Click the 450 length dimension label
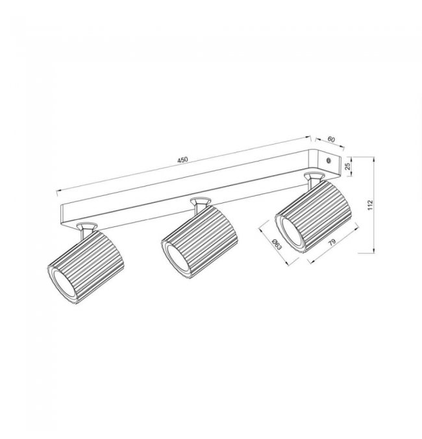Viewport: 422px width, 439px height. (182, 160)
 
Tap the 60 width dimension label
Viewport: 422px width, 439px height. (331, 139)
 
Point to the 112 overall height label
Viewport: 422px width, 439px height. (371, 205)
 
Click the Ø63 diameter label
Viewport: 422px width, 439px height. (277, 244)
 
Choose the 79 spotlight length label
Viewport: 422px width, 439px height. (332, 243)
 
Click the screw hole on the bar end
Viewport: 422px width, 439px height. (329, 161)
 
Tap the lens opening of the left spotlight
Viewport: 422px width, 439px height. (63, 285)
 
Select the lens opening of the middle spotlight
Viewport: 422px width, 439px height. (178, 260)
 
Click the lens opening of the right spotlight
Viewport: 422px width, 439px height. (292, 234)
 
